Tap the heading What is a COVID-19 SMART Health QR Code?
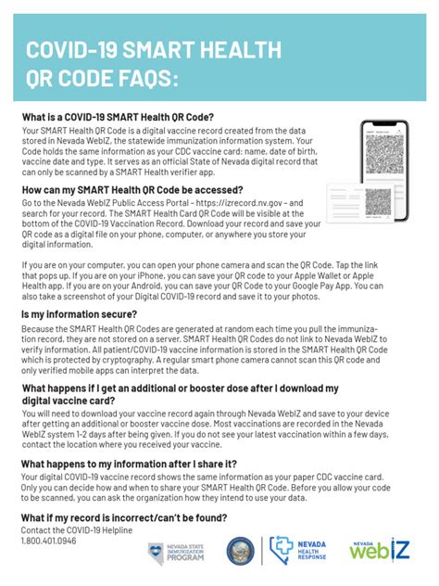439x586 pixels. (x=118, y=118)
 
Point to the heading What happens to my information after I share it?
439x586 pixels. (x=129, y=464)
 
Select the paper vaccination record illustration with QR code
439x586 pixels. (x=361, y=203)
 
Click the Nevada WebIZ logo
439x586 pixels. (x=377, y=551)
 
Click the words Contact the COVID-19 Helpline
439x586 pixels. (x=77, y=530)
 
